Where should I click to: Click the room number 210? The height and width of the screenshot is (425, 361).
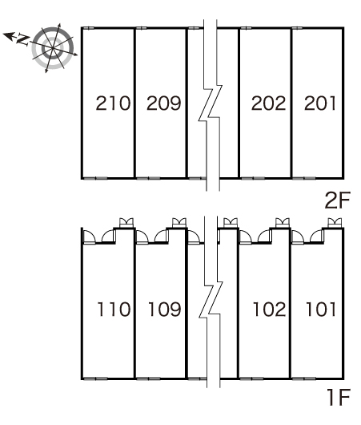(x=113, y=103)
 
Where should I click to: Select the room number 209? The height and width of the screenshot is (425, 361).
(x=164, y=103)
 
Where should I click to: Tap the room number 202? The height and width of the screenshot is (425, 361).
(x=268, y=103)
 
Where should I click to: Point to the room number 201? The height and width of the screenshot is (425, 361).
(x=320, y=103)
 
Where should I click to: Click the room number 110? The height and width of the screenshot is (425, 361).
(x=114, y=310)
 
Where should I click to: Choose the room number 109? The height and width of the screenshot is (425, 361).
(x=165, y=310)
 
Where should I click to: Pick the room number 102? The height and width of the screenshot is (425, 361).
(x=270, y=310)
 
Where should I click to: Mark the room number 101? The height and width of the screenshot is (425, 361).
(x=321, y=310)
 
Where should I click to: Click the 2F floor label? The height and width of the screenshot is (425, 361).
(x=338, y=200)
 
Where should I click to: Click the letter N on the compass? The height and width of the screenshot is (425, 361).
(x=22, y=40)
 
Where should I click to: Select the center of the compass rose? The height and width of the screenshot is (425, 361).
(x=53, y=48)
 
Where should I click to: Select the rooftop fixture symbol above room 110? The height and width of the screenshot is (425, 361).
(x=126, y=223)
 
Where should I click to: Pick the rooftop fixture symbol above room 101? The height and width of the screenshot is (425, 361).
(x=335, y=223)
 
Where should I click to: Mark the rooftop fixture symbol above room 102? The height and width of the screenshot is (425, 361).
(x=283, y=223)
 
